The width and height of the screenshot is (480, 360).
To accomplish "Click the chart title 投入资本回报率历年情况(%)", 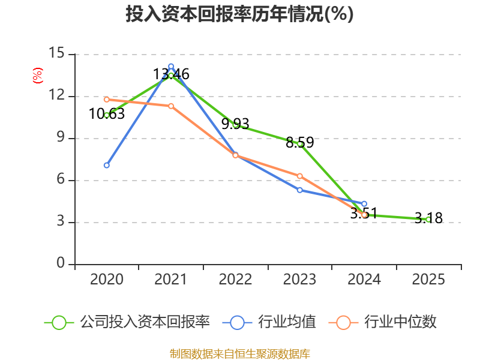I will [x=239, y=14].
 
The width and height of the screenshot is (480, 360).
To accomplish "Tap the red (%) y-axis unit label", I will [x=37, y=76].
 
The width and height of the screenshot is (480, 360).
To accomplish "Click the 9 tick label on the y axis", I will [x=60, y=138].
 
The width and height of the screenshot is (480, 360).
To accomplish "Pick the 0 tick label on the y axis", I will [x=60, y=264].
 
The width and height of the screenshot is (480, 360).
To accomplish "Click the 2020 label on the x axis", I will [x=106, y=280].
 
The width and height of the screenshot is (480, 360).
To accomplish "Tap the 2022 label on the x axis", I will [x=235, y=280].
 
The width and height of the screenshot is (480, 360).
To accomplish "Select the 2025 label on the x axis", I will [x=428, y=280].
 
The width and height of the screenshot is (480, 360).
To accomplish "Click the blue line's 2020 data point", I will [x=106, y=165].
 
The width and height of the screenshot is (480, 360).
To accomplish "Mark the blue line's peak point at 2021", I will [x=171, y=67].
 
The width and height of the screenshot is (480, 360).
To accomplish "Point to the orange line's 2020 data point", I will [x=106, y=99].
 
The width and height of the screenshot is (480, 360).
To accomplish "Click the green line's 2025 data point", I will [x=428, y=220].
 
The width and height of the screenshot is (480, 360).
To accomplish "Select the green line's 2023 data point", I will [x=300, y=143].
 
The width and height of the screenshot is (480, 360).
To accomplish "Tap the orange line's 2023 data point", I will [x=300, y=176].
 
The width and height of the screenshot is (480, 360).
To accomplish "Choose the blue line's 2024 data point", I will [x=364, y=204].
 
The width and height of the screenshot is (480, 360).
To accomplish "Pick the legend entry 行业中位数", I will [x=383, y=322].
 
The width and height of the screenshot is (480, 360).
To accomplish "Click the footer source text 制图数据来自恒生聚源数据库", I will [x=239, y=353].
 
